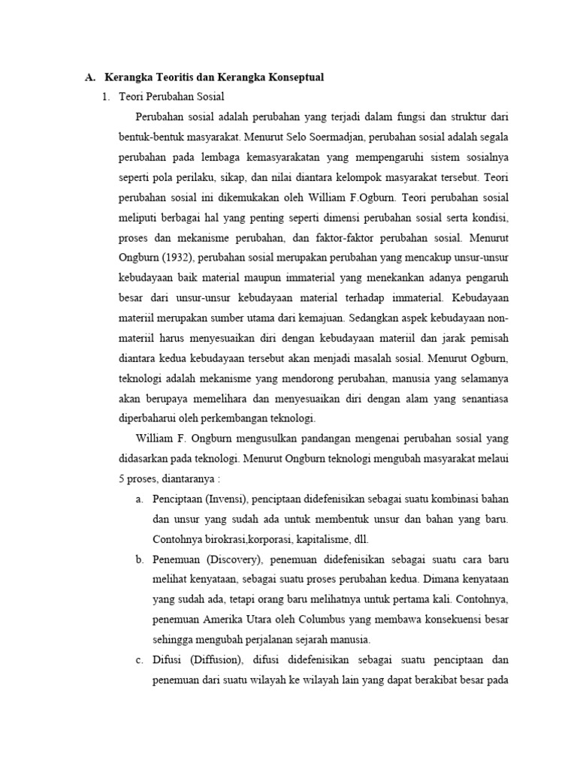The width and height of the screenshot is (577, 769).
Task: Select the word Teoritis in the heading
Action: pyautogui.click(x=169, y=77)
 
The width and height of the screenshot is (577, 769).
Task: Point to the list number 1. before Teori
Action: pyautogui.click(x=106, y=97)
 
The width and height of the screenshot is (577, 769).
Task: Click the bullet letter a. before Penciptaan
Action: pyautogui.click(x=140, y=499)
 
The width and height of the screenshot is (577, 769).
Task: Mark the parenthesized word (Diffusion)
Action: pyautogui.click(x=207, y=660)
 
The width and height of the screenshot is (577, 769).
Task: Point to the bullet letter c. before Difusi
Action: pyautogui.click(x=140, y=660)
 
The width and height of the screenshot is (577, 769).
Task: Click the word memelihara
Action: pyautogui.click(x=230, y=398)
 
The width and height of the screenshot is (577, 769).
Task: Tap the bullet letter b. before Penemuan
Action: pyautogui.click(x=140, y=559)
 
